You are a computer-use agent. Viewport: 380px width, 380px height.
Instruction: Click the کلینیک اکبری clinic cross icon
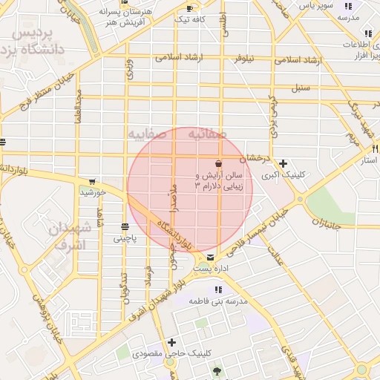(x=282, y=163)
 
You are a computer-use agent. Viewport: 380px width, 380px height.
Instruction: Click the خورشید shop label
(x=94, y=192)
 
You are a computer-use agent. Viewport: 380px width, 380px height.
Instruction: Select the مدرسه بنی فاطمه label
(x=219, y=301)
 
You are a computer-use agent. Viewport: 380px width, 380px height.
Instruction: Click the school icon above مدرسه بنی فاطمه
(x=219, y=289)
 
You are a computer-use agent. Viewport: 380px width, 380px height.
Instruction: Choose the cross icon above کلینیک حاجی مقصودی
(x=172, y=342)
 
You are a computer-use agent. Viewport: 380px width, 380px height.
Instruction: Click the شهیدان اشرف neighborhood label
(x=70, y=236)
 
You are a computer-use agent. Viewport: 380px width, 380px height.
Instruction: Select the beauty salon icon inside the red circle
(x=219, y=163)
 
